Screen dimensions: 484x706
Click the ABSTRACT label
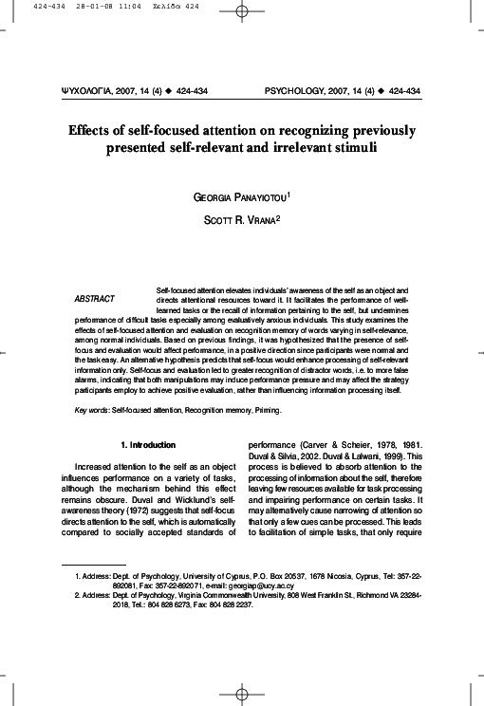[x=94, y=299]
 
